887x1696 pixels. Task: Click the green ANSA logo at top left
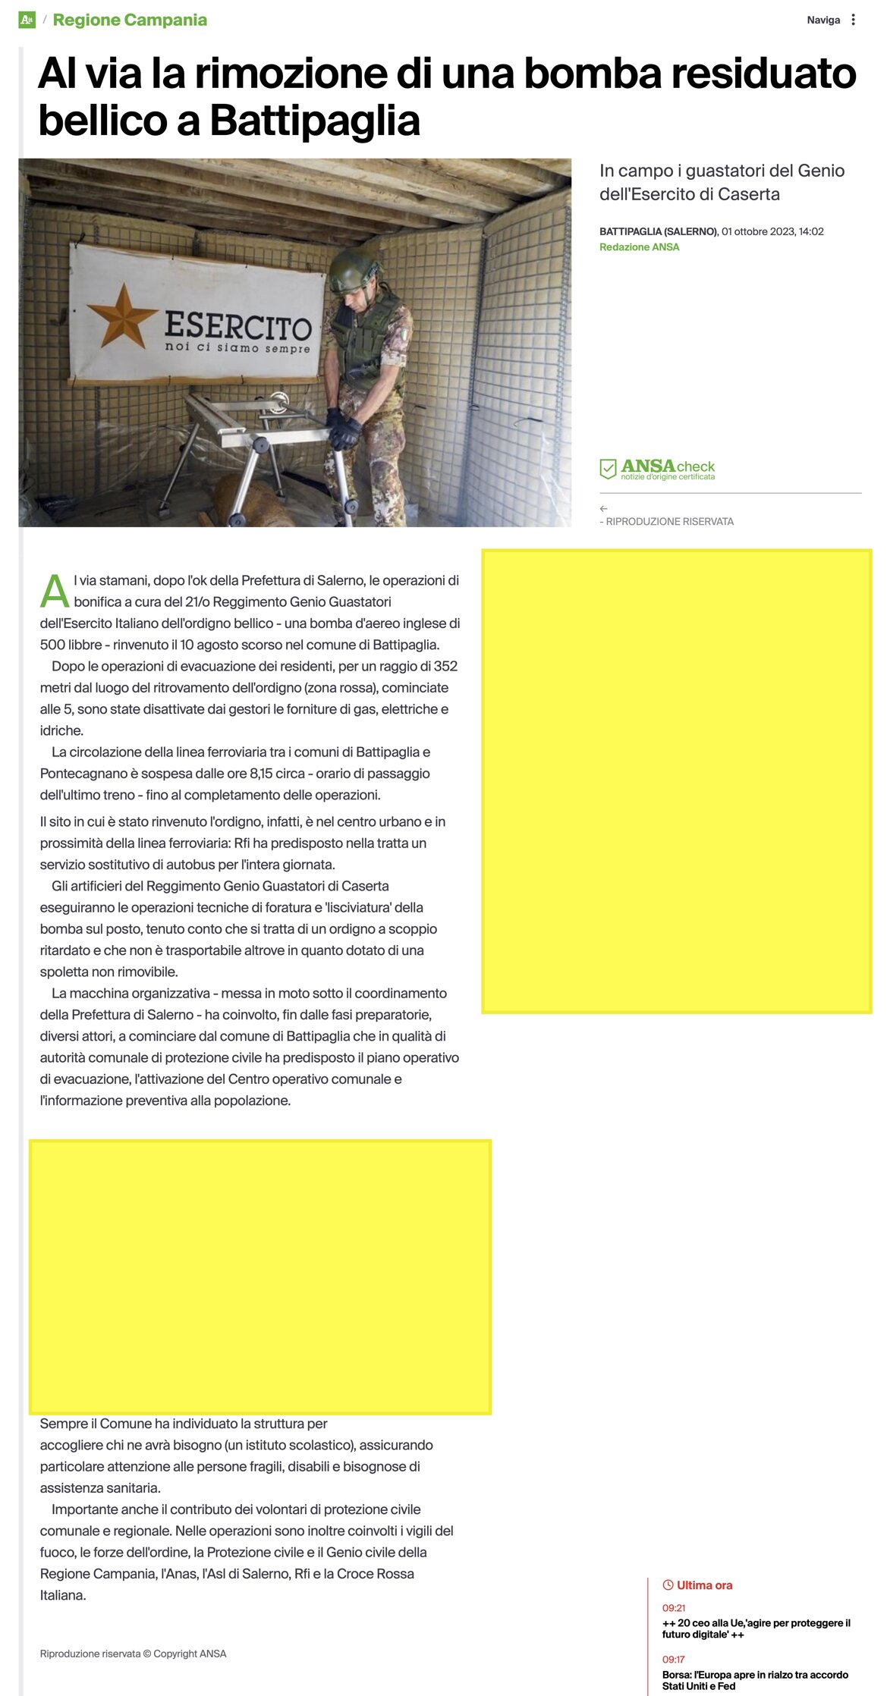(27, 20)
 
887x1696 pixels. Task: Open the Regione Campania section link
(130, 20)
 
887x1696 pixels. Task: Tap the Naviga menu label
(823, 20)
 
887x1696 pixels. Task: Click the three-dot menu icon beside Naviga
(853, 20)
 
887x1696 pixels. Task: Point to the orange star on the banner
(121, 316)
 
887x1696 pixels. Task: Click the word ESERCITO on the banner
(238, 326)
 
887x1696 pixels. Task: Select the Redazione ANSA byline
(639, 247)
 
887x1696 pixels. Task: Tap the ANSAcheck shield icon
(608, 469)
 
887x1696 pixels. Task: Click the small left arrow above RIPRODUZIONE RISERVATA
(603, 509)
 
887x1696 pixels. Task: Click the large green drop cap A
(55, 592)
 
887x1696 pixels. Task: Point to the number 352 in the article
(445, 667)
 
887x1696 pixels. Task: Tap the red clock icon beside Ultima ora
(668, 1585)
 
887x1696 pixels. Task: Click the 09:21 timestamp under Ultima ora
(674, 1608)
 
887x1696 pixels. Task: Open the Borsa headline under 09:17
(755, 1680)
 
